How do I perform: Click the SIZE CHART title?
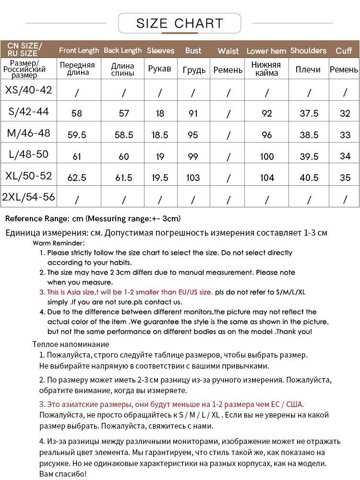pos(180,23)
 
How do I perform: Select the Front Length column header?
pos(79,50)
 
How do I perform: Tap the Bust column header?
pos(193,50)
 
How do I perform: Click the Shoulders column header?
pos(308,50)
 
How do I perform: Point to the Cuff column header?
pos(344,50)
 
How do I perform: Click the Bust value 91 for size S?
pos(193,114)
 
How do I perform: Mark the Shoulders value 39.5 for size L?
pos(309,156)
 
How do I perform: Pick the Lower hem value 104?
pos(267,178)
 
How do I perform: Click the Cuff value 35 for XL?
pos(345,178)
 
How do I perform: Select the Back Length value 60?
pos(124,156)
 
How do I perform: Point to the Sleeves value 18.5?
pos(160,135)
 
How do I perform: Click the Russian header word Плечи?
pos(308,70)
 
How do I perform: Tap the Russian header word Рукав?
pos(160,69)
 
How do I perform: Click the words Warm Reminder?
pos(59,243)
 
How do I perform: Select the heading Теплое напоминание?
pos(71,344)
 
